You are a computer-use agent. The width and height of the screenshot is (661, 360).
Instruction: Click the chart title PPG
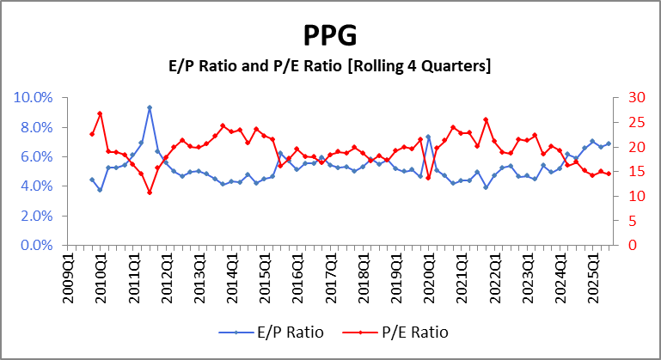pyautogui.click(x=330, y=36)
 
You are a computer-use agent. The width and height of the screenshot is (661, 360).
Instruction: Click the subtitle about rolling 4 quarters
pyautogui.click(x=330, y=65)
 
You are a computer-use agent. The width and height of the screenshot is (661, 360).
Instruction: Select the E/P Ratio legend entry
pyautogui.click(x=272, y=332)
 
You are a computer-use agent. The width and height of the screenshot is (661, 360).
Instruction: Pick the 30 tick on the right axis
pyautogui.click(x=627, y=97)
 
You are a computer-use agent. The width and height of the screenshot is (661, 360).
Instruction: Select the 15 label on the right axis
pyautogui.click(x=627, y=171)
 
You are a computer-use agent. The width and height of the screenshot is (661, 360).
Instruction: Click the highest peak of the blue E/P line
pyautogui.click(x=150, y=107)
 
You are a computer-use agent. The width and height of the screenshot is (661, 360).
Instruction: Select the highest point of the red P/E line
pyautogui.click(x=101, y=113)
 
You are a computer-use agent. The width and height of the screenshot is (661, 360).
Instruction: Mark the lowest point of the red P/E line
pyautogui.click(x=150, y=192)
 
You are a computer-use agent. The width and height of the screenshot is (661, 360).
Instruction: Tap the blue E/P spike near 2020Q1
pyautogui.click(x=428, y=137)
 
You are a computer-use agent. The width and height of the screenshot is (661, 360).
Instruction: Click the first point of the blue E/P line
pyautogui.click(x=92, y=180)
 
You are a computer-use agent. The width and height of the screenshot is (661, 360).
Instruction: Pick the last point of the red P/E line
pyautogui.click(x=609, y=174)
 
